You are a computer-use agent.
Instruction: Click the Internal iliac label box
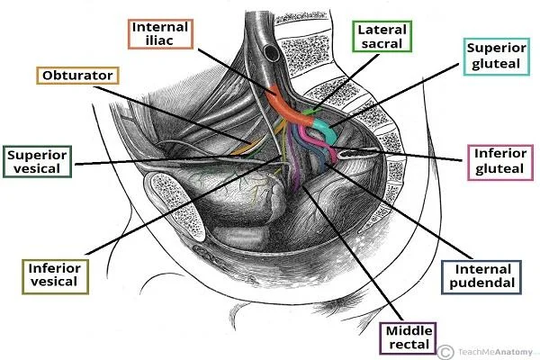click(160, 34)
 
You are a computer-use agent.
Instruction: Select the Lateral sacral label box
click(382, 37)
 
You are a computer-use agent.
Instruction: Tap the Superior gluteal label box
click(496, 57)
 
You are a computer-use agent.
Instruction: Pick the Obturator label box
click(77, 76)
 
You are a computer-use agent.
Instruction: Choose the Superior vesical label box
click(37, 162)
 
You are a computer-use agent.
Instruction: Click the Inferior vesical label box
click(55, 276)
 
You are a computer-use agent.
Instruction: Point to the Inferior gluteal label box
click(500, 162)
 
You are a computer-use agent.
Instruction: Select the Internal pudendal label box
click(481, 277)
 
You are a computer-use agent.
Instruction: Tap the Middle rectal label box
click(408, 338)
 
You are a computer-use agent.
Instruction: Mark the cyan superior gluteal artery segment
click(322, 130)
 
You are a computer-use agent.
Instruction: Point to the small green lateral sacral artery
click(311, 112)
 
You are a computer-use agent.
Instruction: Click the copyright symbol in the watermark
click(445, 352)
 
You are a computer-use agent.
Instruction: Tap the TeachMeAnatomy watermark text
click(495, 352)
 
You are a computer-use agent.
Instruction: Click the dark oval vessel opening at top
click(272, 52)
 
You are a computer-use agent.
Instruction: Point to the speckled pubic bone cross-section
click(176, 206)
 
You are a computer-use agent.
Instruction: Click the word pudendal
click(481, 283)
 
